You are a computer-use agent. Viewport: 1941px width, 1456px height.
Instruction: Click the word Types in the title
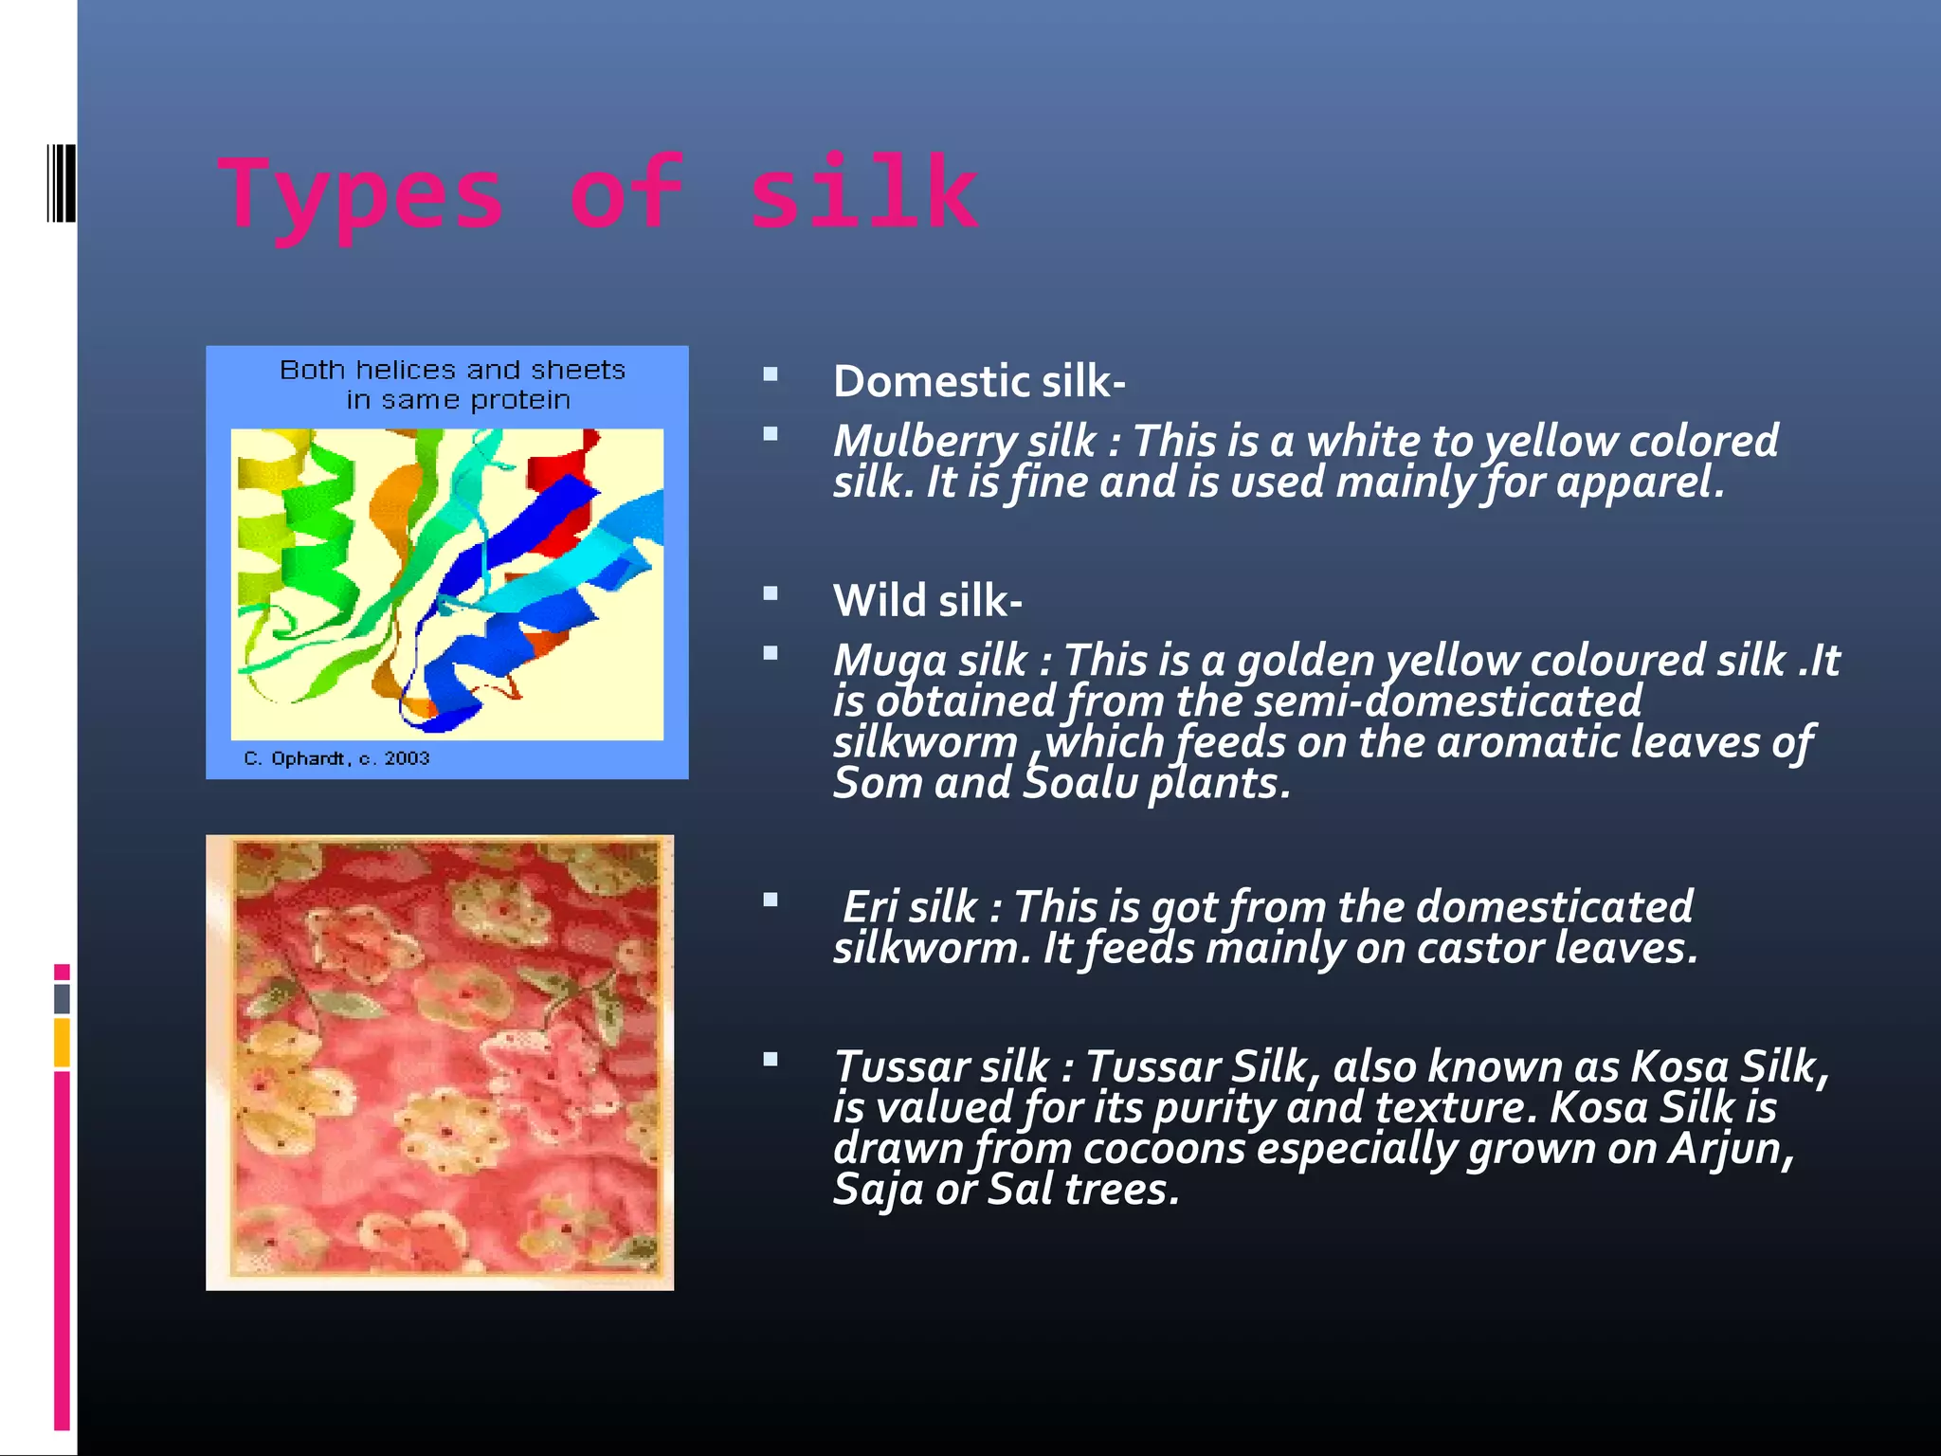(360, 194)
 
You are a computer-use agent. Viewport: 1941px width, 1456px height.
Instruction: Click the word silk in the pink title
(862, 194)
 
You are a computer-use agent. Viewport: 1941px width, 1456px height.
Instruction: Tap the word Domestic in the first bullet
(931, 381)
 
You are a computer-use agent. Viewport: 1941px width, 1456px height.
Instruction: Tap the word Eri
(870, 907)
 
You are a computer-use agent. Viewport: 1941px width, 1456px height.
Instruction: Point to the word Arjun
(1729, 1149)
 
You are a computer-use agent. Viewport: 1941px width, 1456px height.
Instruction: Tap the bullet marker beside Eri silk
(771, 900)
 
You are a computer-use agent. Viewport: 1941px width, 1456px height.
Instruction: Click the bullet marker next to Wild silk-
(771, 594)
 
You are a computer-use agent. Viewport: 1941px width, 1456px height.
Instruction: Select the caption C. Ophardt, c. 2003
(336, 758)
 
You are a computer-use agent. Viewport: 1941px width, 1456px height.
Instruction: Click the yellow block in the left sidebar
(62, 1042)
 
